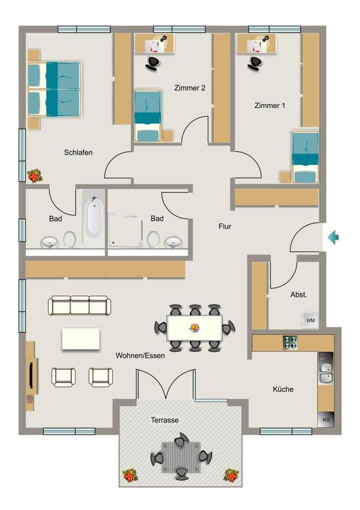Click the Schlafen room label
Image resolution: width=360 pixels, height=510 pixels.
(78, 152)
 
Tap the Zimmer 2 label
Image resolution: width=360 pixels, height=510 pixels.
(190, 88)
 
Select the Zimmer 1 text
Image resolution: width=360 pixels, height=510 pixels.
(270, 106)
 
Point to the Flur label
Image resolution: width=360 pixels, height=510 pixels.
(225, 226)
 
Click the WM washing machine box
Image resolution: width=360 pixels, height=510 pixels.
(310, 320)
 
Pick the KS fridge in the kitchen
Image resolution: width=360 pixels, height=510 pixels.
(325, 420)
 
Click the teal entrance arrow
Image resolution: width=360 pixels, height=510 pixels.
(333, 237)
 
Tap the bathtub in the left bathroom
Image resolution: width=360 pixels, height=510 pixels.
(93, 218)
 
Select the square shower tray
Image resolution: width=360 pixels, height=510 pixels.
(126, 229)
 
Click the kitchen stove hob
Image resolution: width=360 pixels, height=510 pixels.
(290, 342)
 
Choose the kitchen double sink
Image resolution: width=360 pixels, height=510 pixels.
(325, 371)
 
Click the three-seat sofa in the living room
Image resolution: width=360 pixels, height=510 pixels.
(80, 305)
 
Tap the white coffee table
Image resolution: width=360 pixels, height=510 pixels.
(81, 338)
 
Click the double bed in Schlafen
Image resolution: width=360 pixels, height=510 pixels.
(55, 88)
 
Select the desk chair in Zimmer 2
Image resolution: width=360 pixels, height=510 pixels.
(153, 62)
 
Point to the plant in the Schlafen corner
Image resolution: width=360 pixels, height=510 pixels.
(35, 176)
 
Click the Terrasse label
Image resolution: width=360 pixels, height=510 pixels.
(165, 420)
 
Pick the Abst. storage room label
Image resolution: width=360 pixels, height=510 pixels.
(298, 295)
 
